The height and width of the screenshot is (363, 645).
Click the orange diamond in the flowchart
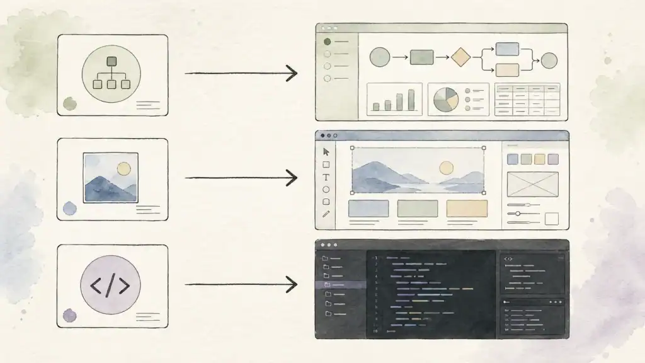click(x=461, y=57)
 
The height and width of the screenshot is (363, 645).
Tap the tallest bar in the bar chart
click(x=411, y=100)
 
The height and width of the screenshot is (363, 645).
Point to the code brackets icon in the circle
click(x=110, y=285)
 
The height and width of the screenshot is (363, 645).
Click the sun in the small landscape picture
click(x=123, y=168)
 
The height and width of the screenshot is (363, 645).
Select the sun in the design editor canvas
click(x=446, y=168)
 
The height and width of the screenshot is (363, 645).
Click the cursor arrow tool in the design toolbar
click(x=326, y=151)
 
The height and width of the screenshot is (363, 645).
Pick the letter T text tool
click(x=326, y=177)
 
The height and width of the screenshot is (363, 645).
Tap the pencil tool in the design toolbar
click(x=326, y=214)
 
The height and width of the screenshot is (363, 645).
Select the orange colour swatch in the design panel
click(x=540, y=159)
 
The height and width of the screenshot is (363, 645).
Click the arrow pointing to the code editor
click(x=241, y=285)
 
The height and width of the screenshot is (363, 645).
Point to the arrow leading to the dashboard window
click(x=241, y=73)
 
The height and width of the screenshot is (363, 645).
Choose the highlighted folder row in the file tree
click(x=340, y=285)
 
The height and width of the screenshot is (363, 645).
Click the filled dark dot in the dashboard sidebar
click(x=327, y=42)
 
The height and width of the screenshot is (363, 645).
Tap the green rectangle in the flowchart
click(x=421, y=57)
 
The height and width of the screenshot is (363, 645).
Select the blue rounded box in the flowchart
click(x=507, y=49)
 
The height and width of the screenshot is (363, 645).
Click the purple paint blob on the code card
click(x=69, y=315)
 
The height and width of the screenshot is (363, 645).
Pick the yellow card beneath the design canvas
click(x=467, y=209)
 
